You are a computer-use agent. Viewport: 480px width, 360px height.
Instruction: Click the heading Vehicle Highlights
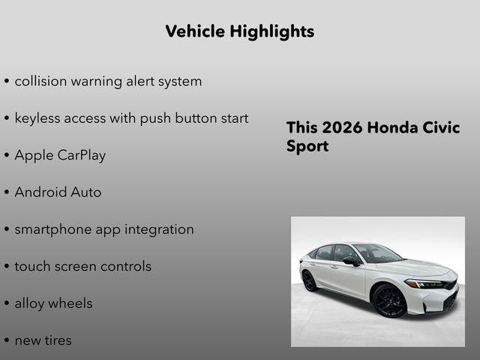239,31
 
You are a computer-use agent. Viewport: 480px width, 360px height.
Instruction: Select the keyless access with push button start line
131,118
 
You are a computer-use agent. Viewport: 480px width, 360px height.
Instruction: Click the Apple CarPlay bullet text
60,155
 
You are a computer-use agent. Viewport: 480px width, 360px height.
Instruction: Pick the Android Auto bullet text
58,192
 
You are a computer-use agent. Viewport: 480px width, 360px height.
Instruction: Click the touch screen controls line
82,266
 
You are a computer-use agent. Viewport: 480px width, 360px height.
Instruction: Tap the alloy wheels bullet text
53,303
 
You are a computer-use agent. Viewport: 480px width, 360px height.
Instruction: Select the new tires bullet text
43,340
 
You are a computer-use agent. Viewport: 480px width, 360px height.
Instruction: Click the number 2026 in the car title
341,127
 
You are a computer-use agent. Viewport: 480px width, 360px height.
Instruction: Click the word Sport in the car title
307,146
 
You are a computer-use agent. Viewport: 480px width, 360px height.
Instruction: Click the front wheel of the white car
389,301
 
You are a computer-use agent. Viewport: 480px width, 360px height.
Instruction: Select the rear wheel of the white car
309,281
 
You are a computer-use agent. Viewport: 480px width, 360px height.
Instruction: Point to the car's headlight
424,284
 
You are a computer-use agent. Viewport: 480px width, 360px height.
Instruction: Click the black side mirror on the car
351,261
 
